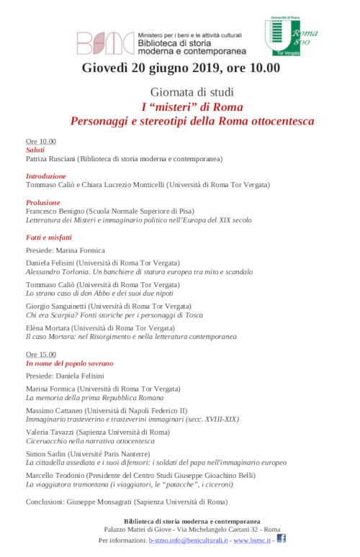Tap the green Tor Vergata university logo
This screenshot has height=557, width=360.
tap(283, 37)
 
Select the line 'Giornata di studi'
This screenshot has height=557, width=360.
tap(192, 92)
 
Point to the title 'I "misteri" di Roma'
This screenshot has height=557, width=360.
tap(192, 107)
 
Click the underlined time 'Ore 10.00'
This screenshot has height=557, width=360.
tap(40, 141)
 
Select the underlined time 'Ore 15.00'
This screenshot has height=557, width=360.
tap(40, 355)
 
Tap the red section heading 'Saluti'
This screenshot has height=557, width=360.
tap(35, 150)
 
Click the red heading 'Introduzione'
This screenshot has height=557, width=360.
tap(45, 176)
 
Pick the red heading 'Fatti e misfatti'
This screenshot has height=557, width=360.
tap(48, 237)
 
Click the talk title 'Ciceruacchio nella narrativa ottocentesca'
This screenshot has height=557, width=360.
tap(90, 440)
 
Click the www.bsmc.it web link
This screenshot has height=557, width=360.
tap(251, 539)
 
